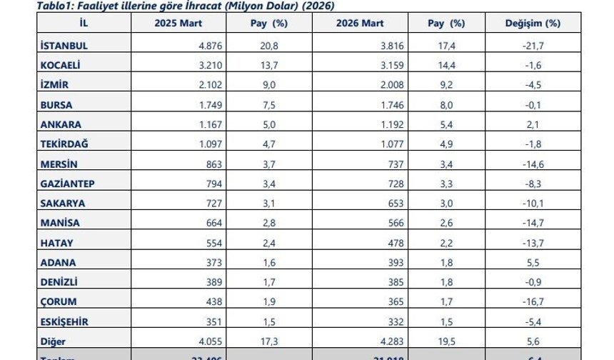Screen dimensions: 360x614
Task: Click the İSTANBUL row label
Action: (64, 45)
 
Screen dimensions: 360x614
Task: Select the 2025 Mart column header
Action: (178, 24)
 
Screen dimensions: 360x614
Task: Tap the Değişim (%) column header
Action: (533, 24)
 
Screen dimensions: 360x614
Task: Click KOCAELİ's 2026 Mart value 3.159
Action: (392, 66)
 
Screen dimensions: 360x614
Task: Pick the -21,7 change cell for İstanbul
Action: (533, 45)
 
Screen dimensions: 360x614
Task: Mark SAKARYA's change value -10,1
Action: (533, 204)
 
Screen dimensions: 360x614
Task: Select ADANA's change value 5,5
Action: (533, 262)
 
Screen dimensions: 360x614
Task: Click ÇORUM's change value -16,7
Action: (533, 302)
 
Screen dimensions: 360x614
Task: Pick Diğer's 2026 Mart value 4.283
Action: (392, 341)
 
